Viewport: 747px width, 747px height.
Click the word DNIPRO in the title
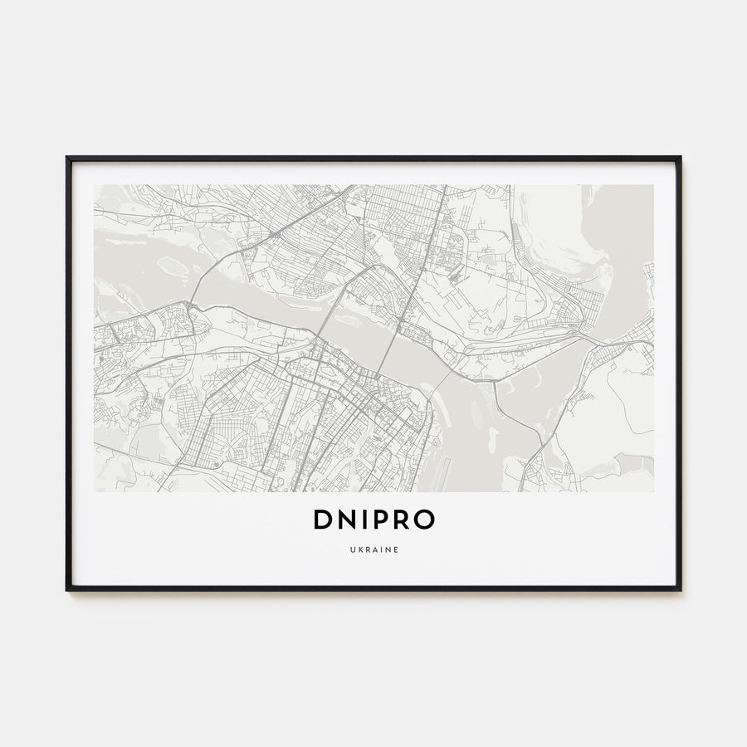click(373, 520)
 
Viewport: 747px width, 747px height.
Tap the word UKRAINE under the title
click(373, 549)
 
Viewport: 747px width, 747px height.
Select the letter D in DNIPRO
click(324, 520)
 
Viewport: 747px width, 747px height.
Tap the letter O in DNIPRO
click(423, 520)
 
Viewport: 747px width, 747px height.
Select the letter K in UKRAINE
click(358, 549)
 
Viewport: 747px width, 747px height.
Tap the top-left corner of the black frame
click(67, 157)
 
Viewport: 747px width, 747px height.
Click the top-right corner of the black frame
click(680, 157)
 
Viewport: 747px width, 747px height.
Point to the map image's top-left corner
click(95, 185)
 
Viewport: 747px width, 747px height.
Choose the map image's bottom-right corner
click(653, 491)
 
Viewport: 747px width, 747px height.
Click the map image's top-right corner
click(653, 185)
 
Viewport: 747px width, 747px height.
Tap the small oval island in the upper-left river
click(173, 266)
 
